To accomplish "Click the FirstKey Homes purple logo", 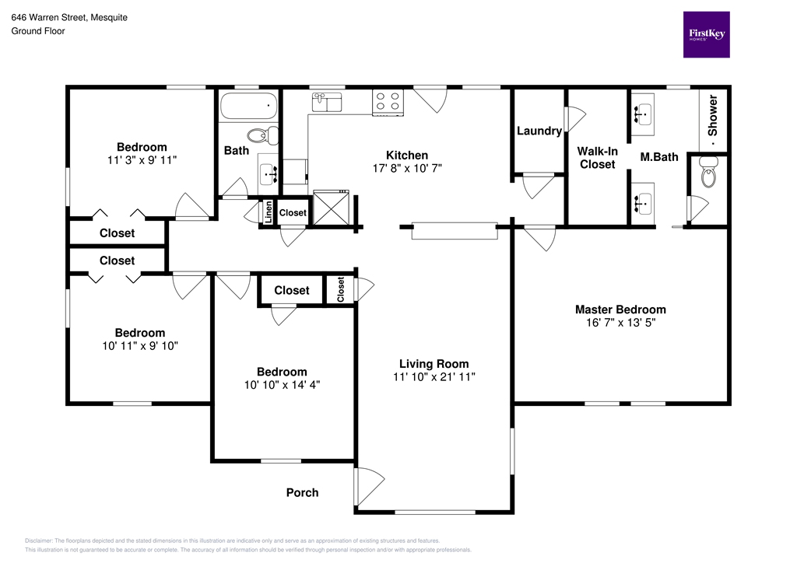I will [707, 34].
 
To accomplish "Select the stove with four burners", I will [388, 103].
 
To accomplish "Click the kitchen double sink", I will [328, 102].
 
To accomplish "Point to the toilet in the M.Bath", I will [707, 174].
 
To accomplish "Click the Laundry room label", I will [539, 131].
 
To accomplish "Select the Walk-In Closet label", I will [596, 157].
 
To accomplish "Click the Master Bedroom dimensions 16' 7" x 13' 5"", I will [620, 323].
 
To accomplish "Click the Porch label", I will [302, 492].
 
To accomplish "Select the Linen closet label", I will [269, 212].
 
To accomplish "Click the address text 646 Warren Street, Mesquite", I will [69, 16].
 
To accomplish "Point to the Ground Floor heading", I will [37, 31].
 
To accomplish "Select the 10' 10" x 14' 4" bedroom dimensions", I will [282, 385].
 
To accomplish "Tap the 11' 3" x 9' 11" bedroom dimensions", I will [142, 161].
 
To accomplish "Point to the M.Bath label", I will [659, 157].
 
